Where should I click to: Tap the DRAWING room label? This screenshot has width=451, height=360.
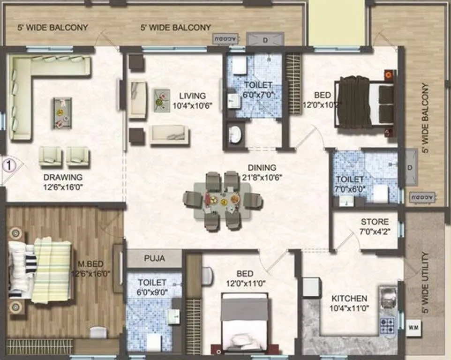tap(63, 177)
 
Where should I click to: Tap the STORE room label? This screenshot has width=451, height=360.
tap(375, 221)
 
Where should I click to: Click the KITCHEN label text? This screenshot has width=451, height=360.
tap(349, 299)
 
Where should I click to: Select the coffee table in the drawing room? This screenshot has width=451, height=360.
tap(62, 113)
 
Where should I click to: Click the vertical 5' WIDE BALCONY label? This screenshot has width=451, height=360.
tap(425, 118)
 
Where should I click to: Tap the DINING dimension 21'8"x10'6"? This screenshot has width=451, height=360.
tap(263, 177)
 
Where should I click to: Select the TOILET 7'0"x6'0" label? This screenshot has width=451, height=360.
tap(349, 183)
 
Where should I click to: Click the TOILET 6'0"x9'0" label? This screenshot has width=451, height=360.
tap(152, 287)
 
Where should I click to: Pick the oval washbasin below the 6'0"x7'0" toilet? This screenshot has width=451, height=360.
tap(234, 135)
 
